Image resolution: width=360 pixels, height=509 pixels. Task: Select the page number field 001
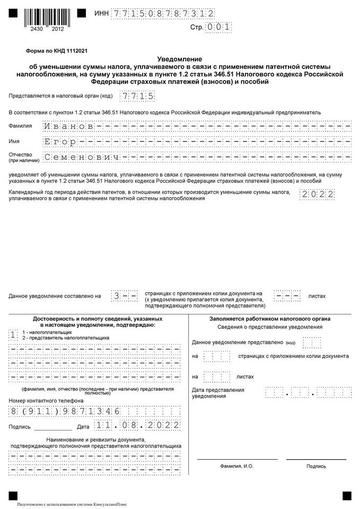[217, 27]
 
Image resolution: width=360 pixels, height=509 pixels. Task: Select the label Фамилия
[20, 126]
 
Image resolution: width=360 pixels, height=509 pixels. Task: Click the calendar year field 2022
[317, 194]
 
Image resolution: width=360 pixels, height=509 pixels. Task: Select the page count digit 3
[117, 295]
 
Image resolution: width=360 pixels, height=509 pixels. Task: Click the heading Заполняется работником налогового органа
[270, 319]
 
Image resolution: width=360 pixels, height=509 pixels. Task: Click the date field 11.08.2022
[137, 425]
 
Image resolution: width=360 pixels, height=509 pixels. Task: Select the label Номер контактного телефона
[46, 400]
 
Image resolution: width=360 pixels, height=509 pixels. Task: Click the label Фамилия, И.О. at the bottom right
[237, 466]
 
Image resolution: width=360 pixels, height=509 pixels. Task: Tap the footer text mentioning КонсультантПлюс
[72, 504]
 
